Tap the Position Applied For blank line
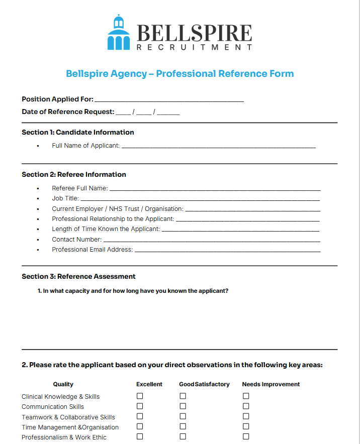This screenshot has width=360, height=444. tap(169, 100)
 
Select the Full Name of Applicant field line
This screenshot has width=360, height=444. tap(219, 147)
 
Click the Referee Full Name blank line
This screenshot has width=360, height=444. tap(215, 189)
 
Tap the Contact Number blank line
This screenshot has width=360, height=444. tap(212, 241)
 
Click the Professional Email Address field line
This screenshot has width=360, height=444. tap(227, 251)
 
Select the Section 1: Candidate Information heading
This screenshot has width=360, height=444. tap(78, 133)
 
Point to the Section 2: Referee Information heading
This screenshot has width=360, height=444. tap(74, 175)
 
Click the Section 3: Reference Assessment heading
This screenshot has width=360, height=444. tap(78, 277)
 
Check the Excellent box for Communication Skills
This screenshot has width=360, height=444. tap(140, 406)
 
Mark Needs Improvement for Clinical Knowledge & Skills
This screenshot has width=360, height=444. tap(246, 396)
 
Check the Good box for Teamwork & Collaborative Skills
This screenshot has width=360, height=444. tap(183, 416)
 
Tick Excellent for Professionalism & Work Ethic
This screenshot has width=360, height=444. tap(140, 436)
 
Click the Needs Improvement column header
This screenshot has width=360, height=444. tap(271, 384)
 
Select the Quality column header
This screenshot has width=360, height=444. tap(63, 384)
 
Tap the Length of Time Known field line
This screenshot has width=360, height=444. tap(240, 230)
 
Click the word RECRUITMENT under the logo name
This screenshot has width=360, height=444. tap(194, 47)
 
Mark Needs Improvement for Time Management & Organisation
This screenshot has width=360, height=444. tap(246, 426)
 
